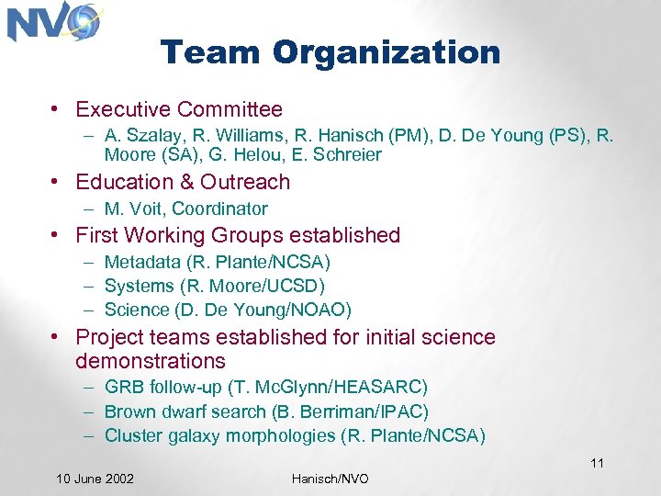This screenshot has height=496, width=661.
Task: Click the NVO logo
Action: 53,22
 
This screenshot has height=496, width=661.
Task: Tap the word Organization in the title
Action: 387,52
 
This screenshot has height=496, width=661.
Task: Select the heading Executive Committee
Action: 179,109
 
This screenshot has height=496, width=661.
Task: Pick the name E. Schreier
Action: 339,155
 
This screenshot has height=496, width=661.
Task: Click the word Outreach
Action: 245,182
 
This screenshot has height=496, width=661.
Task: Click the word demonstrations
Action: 151,361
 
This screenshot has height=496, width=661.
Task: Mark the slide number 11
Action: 597,463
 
